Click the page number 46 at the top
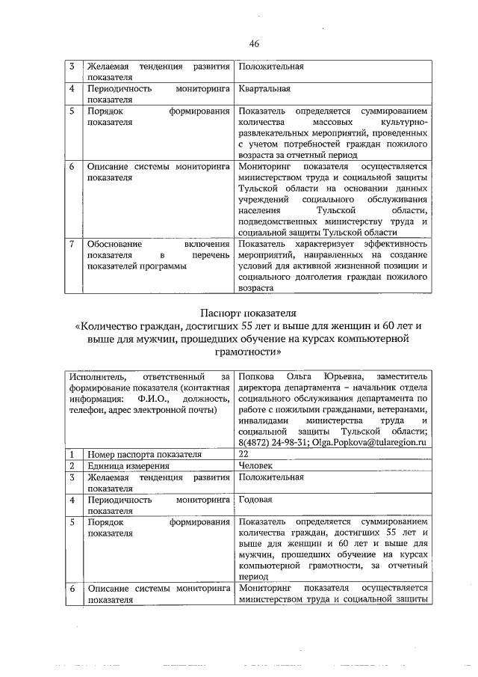(x=254, y=44)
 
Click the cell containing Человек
(x=255, y=465)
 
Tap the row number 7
(x=70, y=245)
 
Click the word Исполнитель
(x=95, y=376)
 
